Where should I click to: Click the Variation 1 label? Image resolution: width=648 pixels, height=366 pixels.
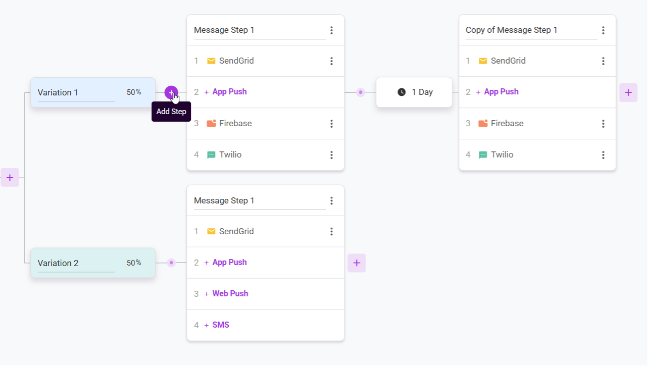point(58,92)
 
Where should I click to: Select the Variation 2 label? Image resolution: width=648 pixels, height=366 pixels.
point(58,263)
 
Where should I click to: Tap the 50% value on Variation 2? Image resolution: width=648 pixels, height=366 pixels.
point(134,263)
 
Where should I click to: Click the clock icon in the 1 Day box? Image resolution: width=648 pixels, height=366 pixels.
point(402,92)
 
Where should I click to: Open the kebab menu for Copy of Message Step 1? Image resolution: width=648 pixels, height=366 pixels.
point(604,30)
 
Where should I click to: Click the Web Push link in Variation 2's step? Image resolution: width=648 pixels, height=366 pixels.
point(230,294)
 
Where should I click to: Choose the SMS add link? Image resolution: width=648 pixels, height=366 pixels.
point(221,325)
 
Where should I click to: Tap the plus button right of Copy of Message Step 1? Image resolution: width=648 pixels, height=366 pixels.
point(628,92)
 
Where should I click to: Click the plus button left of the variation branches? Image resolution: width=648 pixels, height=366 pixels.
point(10,178)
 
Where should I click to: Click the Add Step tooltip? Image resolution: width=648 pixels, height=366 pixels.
point(171,112)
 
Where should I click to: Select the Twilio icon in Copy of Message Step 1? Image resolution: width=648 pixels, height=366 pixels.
point(483,155)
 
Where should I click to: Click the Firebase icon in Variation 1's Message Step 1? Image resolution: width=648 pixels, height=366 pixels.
point(211,124)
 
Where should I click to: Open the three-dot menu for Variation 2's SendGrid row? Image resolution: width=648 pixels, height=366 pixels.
point(331,232)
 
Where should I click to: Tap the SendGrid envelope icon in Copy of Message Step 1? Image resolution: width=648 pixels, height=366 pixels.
point(483,61)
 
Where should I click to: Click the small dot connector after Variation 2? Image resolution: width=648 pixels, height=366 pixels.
point(171,263)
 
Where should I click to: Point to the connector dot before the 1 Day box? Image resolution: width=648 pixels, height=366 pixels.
point(361,92)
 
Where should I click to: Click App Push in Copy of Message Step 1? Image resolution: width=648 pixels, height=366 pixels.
point(502,92)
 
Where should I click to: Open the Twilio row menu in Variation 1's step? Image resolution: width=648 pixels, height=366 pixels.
point(331,155)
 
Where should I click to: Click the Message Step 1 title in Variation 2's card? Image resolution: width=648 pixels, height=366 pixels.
point(224,200)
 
